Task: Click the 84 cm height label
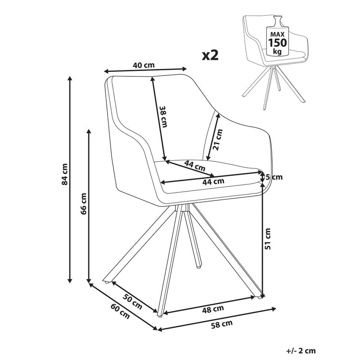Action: click(65, 174)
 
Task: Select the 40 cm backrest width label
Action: click(144, 65)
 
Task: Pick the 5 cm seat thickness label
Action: click(274, 177)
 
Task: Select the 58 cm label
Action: click(222, 323)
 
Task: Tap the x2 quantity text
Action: click(210, 55)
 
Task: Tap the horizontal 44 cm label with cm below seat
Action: click(212, 182)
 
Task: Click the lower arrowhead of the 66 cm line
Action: click(89, 280)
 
